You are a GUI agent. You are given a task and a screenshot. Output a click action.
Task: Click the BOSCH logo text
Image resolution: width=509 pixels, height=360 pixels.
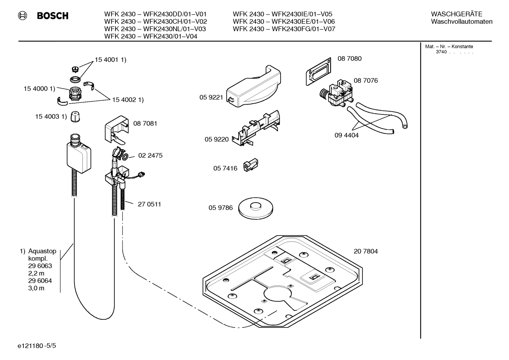[x=53, y=16]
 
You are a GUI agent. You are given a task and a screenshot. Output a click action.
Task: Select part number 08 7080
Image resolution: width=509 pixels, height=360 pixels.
[x=349, y=59]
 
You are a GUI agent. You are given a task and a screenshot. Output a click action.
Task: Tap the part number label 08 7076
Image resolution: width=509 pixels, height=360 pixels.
[x=366, y=81]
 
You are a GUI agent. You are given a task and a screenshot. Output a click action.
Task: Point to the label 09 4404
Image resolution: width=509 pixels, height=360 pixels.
[x=346, y=135]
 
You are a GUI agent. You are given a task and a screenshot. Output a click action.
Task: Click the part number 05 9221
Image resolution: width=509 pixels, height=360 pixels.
[x=211, y=98]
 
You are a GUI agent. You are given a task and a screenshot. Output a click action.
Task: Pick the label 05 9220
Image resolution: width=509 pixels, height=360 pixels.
[x=216, y=140]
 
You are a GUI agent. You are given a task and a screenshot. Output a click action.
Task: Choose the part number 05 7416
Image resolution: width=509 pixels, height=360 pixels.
[x=225, y=169]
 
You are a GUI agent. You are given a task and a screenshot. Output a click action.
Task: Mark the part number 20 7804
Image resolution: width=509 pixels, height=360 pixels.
[x=366, y=252]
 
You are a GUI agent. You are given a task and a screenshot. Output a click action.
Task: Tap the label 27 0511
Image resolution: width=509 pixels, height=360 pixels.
[x=149, y=204]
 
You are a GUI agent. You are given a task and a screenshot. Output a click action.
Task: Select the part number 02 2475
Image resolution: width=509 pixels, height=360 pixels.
[x=150, y=155]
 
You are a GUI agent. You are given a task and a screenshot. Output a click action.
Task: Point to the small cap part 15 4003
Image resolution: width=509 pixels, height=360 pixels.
[x=74, y=117]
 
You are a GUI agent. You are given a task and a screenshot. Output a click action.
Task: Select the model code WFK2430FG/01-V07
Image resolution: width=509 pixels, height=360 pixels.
[x=303, y=29]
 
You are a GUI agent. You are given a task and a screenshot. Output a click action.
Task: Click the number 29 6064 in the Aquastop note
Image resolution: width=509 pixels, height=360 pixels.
[x=40, y=281]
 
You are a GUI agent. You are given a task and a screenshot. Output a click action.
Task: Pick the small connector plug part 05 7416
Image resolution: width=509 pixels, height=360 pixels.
[x=251, y=166]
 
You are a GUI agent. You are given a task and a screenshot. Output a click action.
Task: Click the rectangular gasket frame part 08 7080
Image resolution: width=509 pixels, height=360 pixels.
[x=318, y=72]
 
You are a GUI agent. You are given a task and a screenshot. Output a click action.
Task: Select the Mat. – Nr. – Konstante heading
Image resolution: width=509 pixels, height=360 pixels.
[x=449, y=47]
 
